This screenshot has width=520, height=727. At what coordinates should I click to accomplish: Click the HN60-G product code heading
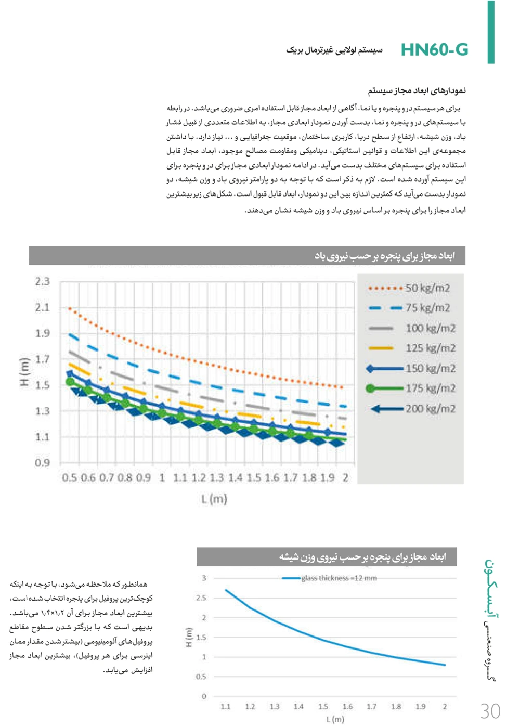[434, 49]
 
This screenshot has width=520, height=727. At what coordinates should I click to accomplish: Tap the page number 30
[490, 711]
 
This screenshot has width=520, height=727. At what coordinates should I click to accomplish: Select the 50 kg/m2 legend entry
[427, 288]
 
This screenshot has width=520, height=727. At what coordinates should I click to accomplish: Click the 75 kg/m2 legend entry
[427, 308]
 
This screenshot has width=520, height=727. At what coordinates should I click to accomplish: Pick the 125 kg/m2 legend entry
[431, 348]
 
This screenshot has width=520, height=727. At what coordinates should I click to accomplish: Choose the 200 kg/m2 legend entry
[431, 409]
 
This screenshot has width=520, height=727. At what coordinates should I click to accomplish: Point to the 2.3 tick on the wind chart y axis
[42, 281]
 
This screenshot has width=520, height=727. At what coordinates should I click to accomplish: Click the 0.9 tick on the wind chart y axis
[42, 462]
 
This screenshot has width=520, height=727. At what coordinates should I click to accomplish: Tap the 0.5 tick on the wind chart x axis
[69, 477]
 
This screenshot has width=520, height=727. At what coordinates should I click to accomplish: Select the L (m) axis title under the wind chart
[214, 499]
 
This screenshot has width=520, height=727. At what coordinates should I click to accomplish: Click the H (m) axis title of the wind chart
[24, 372]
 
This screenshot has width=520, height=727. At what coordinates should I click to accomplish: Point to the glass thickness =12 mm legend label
[339, 578]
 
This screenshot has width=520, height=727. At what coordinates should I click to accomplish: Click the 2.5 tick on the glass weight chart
[201, 598]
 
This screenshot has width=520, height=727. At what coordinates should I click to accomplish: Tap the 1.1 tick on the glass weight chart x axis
[226, 706]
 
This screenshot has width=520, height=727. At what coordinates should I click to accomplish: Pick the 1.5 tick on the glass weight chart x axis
[323, 706]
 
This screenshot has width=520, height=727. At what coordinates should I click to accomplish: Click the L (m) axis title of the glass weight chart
[335, 719]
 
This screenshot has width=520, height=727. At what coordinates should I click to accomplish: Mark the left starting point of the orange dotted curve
[70, 308]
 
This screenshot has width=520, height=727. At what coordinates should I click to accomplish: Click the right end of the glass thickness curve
[445, 665]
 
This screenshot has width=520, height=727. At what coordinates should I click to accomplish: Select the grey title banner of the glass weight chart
[327, 557]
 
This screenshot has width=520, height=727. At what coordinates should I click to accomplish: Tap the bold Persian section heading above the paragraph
[417, 90]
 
